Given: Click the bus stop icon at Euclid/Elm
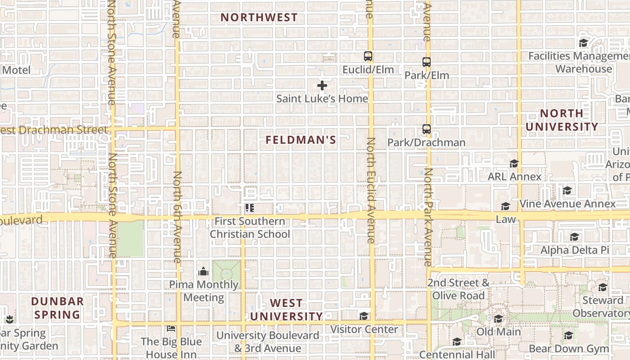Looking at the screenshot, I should tap(368, 56).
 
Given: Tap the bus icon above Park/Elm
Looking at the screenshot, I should tap(426, 62).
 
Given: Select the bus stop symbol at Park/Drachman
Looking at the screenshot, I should tap(426, 129).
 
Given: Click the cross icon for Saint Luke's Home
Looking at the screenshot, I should tap(322, 85).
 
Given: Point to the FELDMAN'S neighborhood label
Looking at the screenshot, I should tap(301, 140).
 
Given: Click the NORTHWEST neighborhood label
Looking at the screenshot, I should tap(259, 18).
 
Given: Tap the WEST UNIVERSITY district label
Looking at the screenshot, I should tap(287, 310).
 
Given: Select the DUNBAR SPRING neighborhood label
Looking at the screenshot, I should tap(58, 308).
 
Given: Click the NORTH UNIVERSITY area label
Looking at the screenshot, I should tap(562, 120).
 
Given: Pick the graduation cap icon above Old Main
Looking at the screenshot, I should tap(498, 319).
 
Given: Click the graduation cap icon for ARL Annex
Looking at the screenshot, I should tap(514, 163).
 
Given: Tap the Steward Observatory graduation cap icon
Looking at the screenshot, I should tap(603, 287).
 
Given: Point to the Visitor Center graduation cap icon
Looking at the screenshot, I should tap(364, 316).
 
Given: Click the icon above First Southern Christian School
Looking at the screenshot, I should tap(249, 208).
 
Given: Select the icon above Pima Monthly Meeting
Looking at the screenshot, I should tap(203, 271).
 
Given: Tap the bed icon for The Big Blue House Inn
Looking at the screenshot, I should tap(171, 328).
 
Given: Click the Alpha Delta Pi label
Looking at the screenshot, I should tap(575, 250).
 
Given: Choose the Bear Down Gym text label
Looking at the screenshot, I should tap(569, 349).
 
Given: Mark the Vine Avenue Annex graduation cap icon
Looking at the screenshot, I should tap(567, 190).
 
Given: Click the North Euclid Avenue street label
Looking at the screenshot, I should tap(370, 190).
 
